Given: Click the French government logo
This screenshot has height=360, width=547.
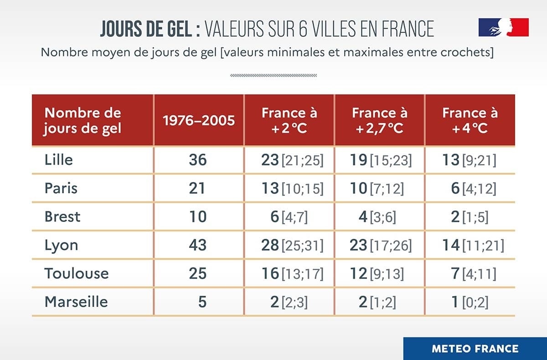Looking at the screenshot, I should click(503, 27).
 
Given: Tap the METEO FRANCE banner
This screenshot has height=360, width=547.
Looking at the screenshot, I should click(475, 349).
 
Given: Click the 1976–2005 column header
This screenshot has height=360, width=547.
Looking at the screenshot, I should click(199, 120).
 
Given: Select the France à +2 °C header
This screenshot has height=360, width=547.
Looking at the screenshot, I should click(289, 120).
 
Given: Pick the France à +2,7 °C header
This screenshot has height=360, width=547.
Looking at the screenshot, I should click(380, 120).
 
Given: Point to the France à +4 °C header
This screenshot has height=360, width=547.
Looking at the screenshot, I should click(470, 120).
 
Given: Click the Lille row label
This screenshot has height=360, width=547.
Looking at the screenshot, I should click(59, 160).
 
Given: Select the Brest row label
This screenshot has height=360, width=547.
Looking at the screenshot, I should click(62, 216).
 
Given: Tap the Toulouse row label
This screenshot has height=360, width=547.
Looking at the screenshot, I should click(77, 273).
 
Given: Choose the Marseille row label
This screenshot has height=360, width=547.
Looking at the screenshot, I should click(76, 302).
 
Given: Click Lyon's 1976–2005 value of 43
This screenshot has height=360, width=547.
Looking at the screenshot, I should click(198, 245).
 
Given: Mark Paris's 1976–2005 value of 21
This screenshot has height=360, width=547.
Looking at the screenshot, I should click(198, 188).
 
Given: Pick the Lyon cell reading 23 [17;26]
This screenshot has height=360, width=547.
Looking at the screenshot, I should click(381, 245).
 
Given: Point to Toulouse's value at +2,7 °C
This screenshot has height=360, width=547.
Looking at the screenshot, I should click(381, 273).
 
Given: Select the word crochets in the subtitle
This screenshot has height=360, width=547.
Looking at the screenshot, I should click(468, 52).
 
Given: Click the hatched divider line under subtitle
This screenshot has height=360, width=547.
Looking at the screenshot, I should click(273, 75).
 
